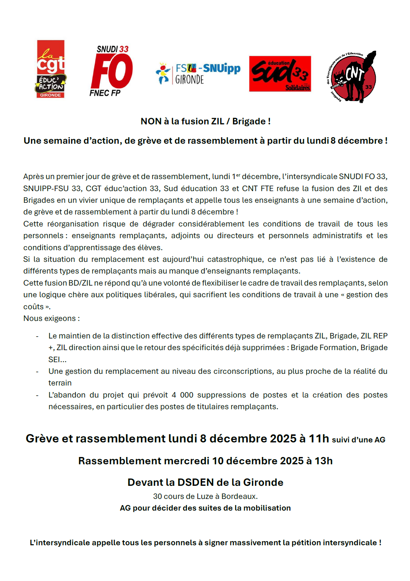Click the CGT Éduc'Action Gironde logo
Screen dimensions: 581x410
click(51, 69)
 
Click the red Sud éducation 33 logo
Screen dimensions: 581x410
click(280, 74)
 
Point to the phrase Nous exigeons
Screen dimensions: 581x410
click(50, 318)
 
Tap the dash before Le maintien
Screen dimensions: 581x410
click(37, 336)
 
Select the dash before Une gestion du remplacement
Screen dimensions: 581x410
click(37, 372)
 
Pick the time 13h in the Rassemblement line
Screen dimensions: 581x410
click(324, 461)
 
